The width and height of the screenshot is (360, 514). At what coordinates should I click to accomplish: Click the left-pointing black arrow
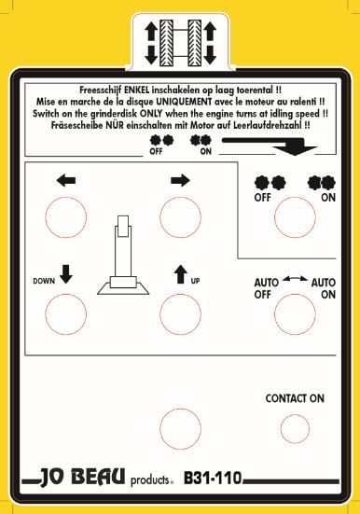click(65, 181)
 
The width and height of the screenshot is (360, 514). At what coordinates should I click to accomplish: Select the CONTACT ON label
click(294, 397)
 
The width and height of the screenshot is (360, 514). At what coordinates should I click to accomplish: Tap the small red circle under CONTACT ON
click(295, 427)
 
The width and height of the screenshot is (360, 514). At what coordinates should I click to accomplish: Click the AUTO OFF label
click(268, 287)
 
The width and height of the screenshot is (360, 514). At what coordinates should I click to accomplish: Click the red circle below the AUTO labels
click(295, 312)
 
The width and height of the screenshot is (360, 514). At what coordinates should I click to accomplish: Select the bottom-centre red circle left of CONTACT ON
click(180, 428)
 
